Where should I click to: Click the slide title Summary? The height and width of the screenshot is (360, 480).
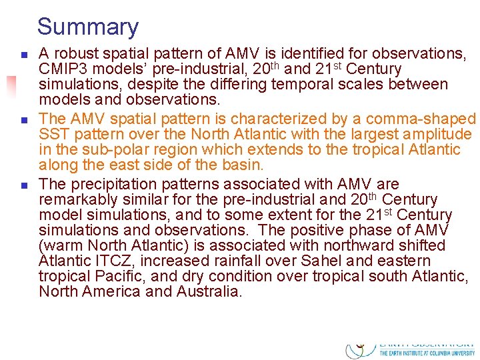pos(88,27)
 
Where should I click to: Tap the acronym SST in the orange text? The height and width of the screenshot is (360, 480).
pos(53,134)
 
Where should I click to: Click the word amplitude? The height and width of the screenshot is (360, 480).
pos(439,134)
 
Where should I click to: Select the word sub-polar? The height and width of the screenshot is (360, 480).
pos(110,150)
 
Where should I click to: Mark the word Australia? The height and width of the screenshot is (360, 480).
pos(209,292)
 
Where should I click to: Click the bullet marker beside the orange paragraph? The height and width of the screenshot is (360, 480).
pos(23,119)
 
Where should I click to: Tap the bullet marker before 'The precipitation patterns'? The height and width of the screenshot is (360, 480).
pos(23,184)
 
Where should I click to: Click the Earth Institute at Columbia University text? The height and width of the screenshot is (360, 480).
pos(427,353)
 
